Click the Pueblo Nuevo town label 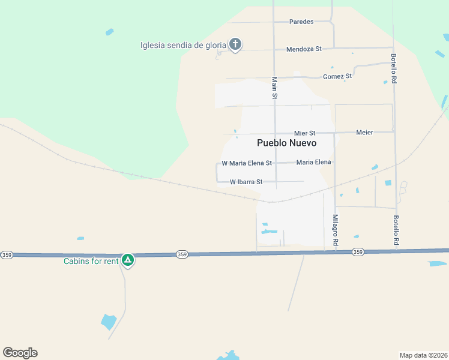point(286,143)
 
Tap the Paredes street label point(301,22)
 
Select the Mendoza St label point(304,49)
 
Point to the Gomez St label point(337,76)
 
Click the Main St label point(275,88)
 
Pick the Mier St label point(304,133)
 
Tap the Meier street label point(364,132)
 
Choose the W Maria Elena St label point(247,163)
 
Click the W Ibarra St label point(246,181)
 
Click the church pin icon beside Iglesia point(235,45)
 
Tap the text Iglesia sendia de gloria point(183,45)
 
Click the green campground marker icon point(127,260)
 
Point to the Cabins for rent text point(91,260)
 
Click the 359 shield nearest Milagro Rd point(358,252)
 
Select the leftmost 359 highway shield point(7,255)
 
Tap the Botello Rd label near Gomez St point(394,68)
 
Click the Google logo point(20,353)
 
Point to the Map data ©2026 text point(423,355)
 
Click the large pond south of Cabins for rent point(109,321)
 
